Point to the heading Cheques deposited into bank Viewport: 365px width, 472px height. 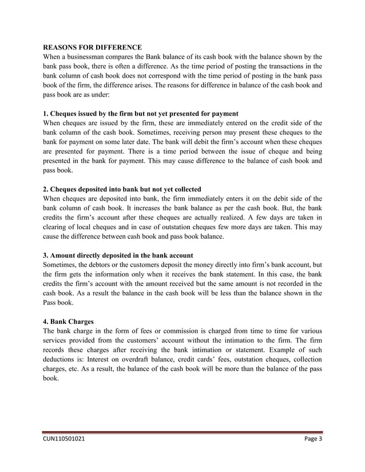click(x=122, y=189)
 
